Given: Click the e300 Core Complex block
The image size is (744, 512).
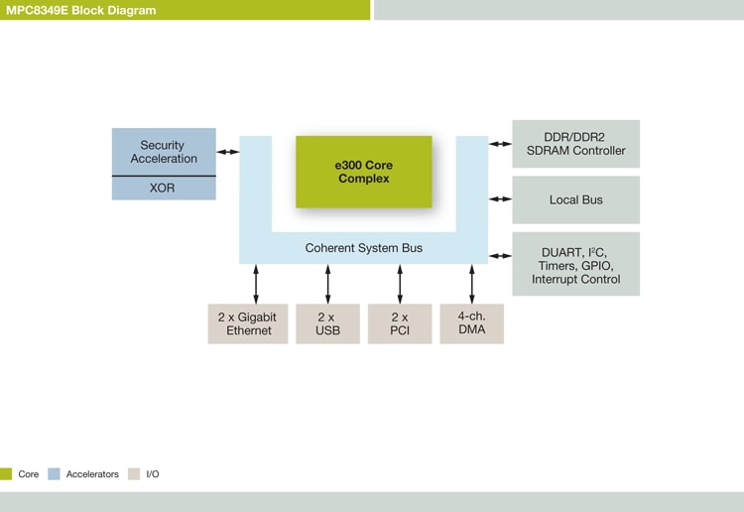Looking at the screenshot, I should coord(363,172).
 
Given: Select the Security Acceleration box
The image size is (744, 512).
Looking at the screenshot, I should coord(163,151).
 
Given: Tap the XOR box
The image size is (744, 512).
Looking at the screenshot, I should coord(163,188).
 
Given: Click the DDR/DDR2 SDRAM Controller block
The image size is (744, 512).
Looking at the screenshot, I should coord(575,144).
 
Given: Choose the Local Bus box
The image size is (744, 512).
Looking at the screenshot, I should coord(575,199).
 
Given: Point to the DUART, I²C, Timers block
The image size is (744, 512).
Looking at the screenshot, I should coord(575,264).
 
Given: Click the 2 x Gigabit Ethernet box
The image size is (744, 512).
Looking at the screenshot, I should coord(248,323).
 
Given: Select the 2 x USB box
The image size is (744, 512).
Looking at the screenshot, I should coord(327,323).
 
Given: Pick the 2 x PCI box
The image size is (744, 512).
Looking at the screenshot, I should coord(399,323).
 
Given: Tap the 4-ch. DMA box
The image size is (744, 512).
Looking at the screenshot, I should coord(471,323).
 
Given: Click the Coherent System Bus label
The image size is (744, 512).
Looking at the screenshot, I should coord(363,248).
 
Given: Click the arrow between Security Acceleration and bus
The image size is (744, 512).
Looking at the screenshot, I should coord(228,152).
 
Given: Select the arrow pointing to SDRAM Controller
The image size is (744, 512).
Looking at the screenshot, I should coord(500,144).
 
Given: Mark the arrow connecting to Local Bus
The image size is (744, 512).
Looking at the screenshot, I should coord(500,199).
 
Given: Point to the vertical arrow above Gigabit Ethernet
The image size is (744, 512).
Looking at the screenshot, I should coord(256,284).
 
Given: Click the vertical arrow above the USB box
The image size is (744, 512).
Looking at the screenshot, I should coord(327,284).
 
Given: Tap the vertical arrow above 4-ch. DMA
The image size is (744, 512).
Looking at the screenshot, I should coord(472,284).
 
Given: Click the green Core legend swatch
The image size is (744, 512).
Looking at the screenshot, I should coord(6,474).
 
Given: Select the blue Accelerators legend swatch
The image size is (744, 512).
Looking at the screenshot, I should coord(54,474).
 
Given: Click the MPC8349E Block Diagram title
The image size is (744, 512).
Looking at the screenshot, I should coord(80,10).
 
